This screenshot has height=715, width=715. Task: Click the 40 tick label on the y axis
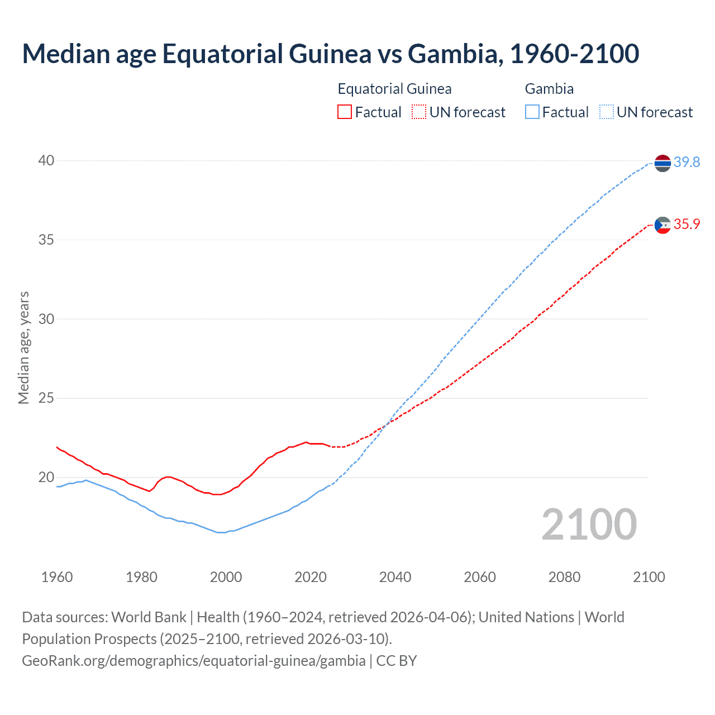[x=46, y=161]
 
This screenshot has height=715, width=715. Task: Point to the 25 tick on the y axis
[x=46, y=398]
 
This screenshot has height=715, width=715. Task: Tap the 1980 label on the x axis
[x=141, y=577]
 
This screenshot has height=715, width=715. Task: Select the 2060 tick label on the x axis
[x=480, y=577]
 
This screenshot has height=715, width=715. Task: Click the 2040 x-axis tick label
[x=395, y=577]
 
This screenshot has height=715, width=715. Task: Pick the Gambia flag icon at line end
[x=662, y=163]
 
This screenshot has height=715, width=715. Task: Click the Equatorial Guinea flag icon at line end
[x=662, y=225]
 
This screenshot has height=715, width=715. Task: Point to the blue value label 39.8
[x=687, y=163]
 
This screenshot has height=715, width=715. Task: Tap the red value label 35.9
[x=687, y=225]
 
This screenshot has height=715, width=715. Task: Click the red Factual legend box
[x=345, y=112]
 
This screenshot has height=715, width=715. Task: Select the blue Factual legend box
[x=532, y=112]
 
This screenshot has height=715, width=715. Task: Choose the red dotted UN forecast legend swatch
[x=419, y=112]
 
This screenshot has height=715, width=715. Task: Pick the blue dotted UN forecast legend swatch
[x=607, y=112]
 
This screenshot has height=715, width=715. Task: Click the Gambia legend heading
[x=549, y=89]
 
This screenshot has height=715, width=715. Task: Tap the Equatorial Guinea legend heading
[x=394, y=89]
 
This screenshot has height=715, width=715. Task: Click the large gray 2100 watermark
[x=589, y=525]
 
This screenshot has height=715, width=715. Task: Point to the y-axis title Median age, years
[x=23, y=347]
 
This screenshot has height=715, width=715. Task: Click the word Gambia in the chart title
[x=452, y=54]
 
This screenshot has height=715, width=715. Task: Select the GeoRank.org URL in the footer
[x=193, y=661]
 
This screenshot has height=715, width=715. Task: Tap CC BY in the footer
[x=397, y=661]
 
